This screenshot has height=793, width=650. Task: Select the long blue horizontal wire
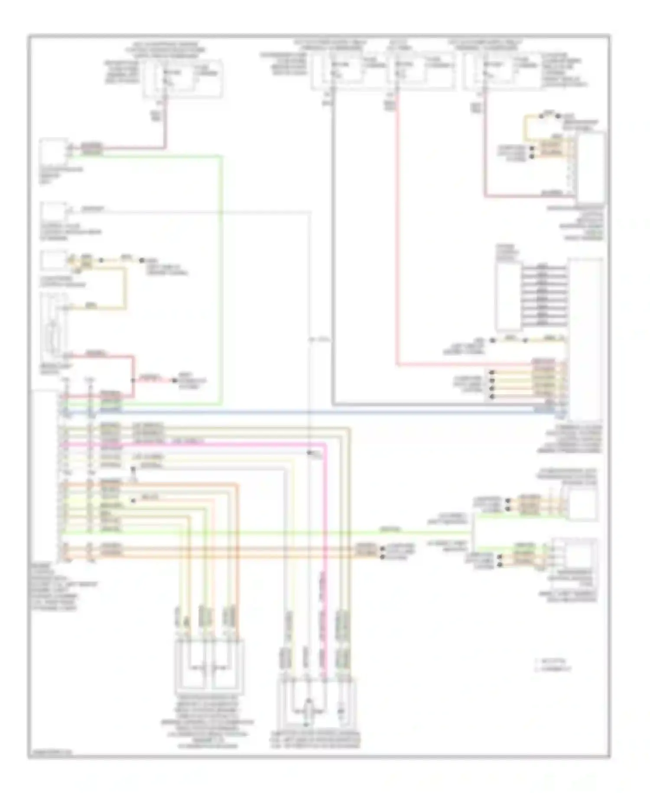click(x=303, y=411)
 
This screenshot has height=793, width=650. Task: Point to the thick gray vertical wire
click(x=333, y=260)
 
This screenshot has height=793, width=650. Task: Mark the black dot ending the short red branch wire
click(x=175, y=380)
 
